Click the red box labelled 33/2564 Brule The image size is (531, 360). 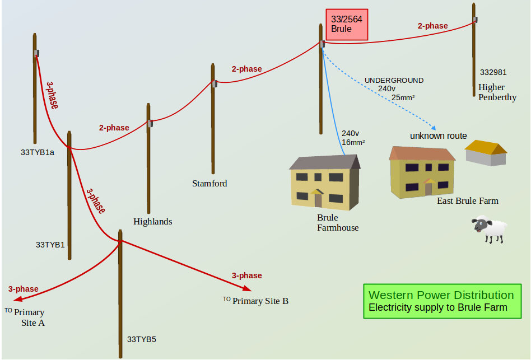point(347,24)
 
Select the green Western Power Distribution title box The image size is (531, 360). point(441,301)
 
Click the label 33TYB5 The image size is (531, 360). point(142,339)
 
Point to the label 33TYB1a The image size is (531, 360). point(38,152)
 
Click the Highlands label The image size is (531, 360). point(152,221)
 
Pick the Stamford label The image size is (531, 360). point(209,183)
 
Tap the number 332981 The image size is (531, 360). point(493,72)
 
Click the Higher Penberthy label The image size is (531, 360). point(497,92)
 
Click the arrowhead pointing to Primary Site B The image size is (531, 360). point(247,289)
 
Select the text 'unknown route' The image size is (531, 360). point(438,135)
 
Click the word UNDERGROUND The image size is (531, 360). point(394,80)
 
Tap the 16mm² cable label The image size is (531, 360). point(353,143)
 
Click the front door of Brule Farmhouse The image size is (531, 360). point(318,199)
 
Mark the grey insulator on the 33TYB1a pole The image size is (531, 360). point(36,53)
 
